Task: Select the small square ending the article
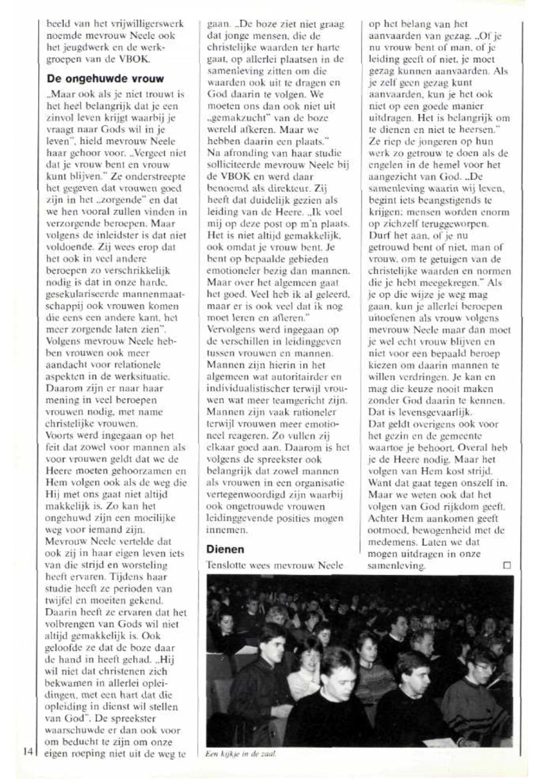507,565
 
